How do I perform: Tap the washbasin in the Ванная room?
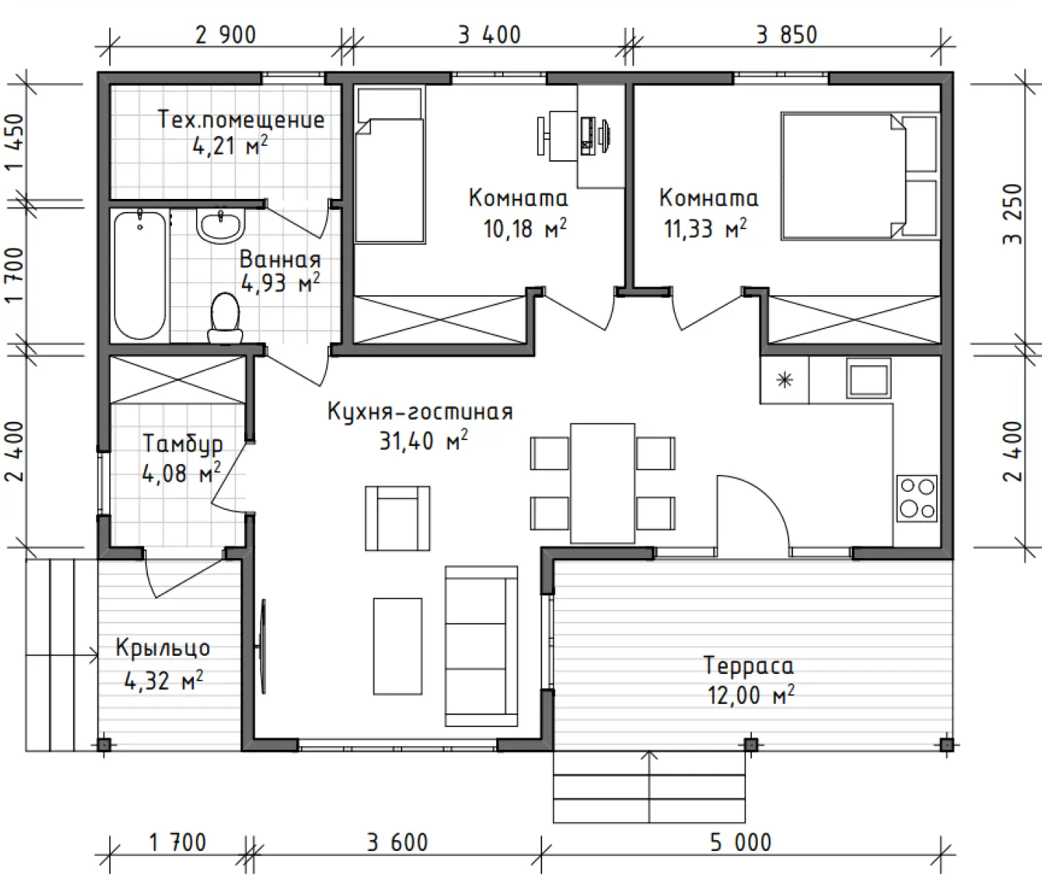tap(220, 227)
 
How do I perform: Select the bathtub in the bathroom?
tap(140, 275)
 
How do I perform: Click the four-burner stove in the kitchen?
tap(917, 498)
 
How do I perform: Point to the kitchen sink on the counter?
tap(869, 378)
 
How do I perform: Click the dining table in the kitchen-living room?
tap(603, 483)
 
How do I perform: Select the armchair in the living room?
tap(398, 518)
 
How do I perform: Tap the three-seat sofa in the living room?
tap(482, 646)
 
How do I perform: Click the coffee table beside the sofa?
tap(398, 646)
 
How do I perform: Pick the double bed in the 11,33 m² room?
tap(860, 176)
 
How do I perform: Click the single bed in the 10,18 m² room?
tap(390, 166)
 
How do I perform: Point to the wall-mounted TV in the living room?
tap(262, 646)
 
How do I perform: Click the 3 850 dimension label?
tap(786, 35)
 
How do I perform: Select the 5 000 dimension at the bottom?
tap(740, 843)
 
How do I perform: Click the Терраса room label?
tap(748, 665)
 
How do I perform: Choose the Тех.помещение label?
tap(241, 120)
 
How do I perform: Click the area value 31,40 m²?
tap(423, 441)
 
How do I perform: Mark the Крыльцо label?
tap(162, 648)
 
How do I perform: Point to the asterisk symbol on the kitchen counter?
tap(785, 380)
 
